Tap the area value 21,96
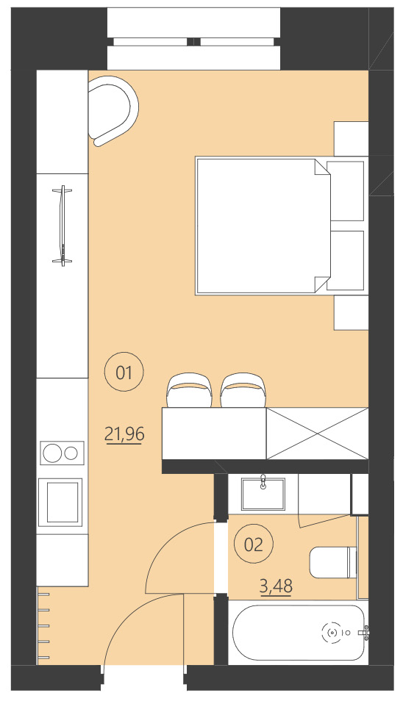[124, 434]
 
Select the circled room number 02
[253, 544]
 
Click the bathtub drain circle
[332, 631]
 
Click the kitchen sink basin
[63, 503]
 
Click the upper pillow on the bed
[346, 191]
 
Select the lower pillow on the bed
[346, 260]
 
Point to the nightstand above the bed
[351, 138]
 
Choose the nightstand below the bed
[351, 312]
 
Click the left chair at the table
[190, 391]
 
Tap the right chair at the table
[243, 391]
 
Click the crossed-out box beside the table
[317, 433]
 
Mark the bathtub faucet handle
[365, 630]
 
